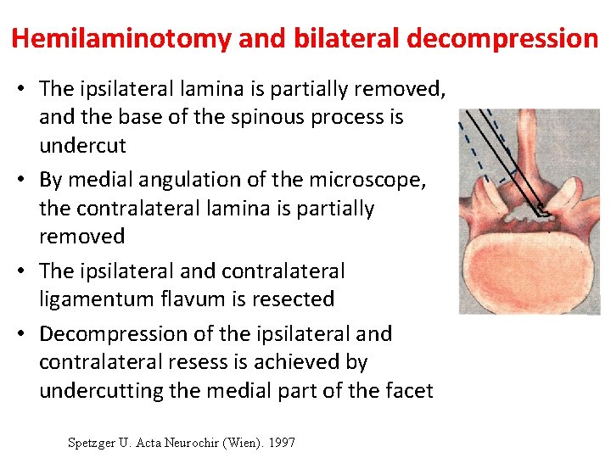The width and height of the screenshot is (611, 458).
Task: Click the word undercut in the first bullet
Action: (82, 145)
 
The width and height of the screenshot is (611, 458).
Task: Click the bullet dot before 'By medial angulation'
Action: (25, 180)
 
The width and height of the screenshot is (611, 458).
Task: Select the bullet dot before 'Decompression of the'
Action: (25, 334)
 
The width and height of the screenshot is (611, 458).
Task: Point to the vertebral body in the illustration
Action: (529, 267)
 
